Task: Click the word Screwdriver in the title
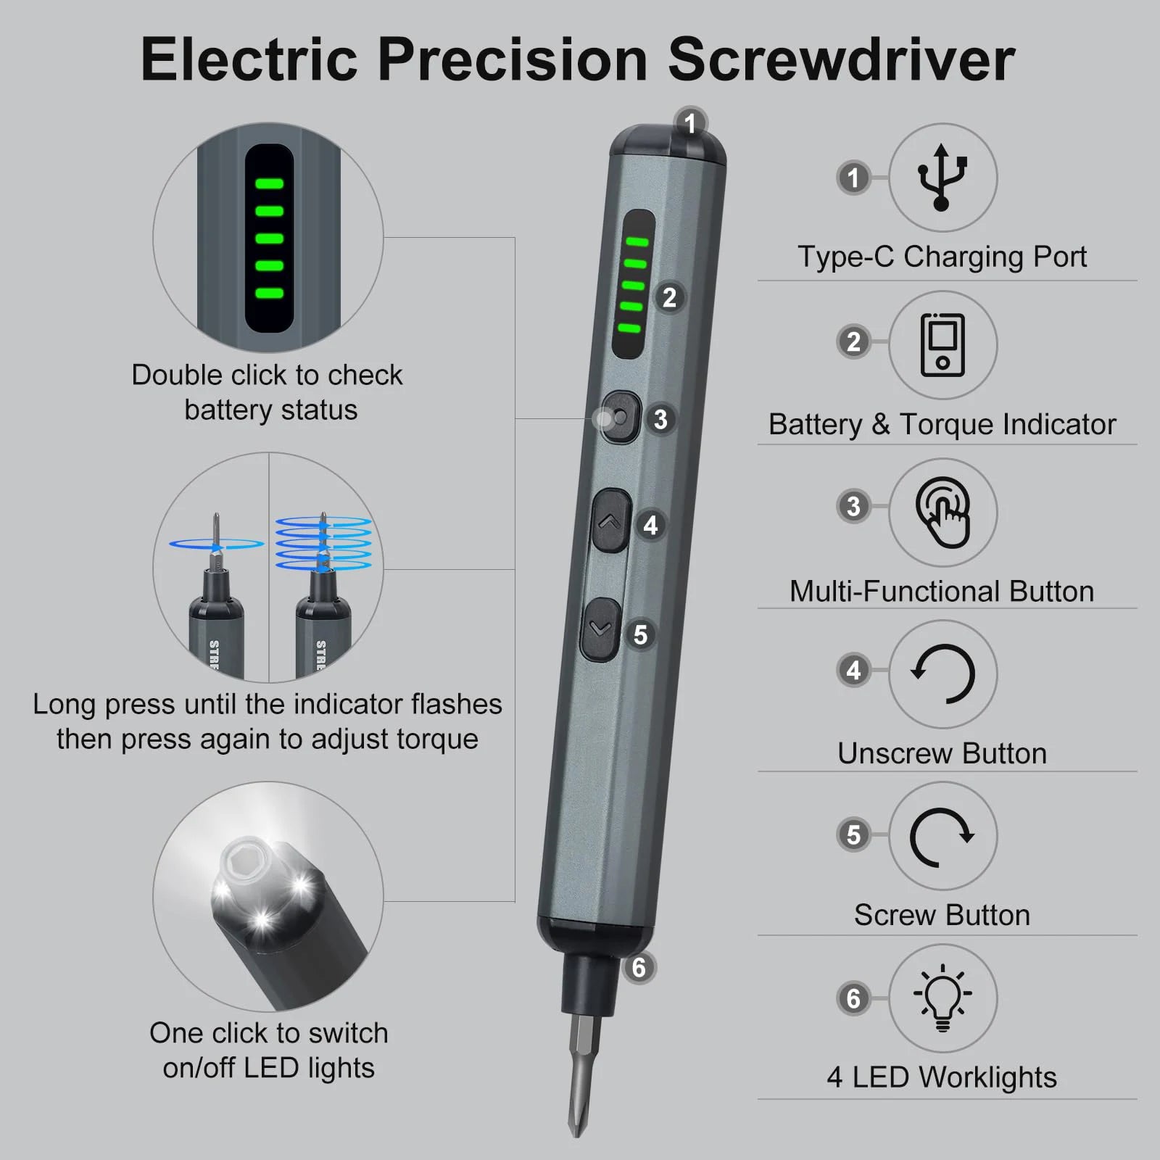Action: pos(841,59)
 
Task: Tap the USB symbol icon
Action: pos(942,178)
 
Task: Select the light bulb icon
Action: pos(942,997)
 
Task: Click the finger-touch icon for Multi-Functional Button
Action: pos(942,512)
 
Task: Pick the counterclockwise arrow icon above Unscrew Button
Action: pos(942,674)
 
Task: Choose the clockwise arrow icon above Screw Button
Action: pos(942,836)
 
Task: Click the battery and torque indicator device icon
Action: pos(942,345)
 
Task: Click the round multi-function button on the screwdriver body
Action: pos(621,418)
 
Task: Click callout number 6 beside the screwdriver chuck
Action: pos(639,967)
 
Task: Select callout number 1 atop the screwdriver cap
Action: pos(690,123)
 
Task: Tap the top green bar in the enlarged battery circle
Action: pos(269,184)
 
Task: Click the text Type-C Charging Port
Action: pos(942,257)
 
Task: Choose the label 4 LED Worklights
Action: pos(942,1077)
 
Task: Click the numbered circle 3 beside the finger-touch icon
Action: pos(853,506)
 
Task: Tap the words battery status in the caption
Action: pos(270,410)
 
